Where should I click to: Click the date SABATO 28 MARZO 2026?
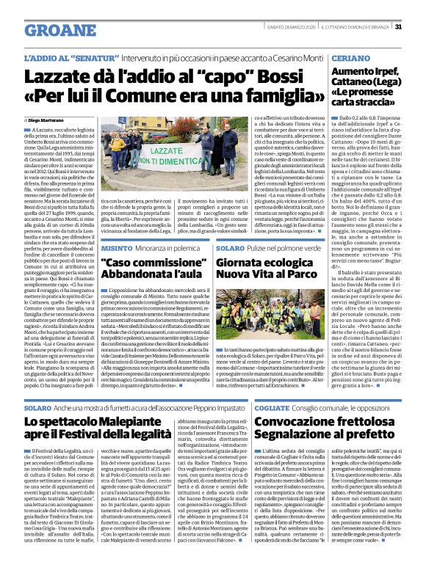coord(292,28)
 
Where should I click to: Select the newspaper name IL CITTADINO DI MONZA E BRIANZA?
coord(355,28)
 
